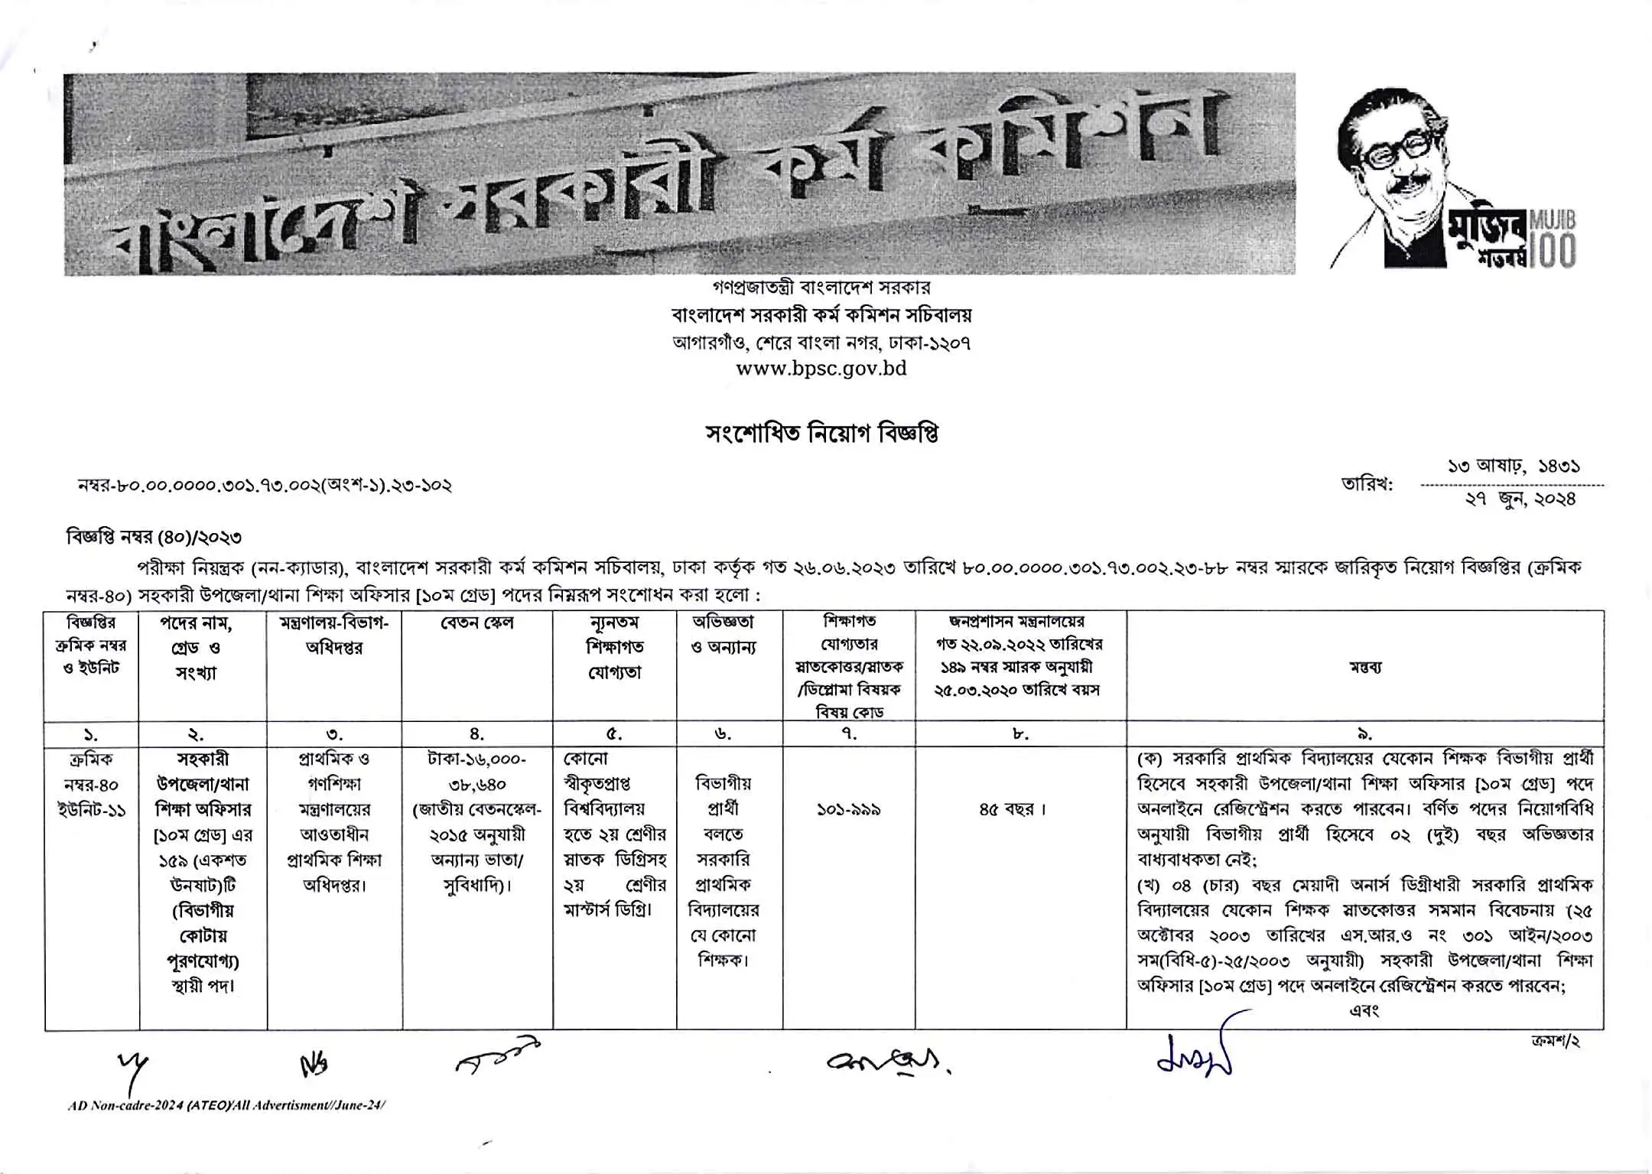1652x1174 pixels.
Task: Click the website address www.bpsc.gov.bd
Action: pyautogui.click(x=821, y=369)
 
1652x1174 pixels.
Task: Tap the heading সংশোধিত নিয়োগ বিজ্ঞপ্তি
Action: pyautogui.click(x=821, y=434)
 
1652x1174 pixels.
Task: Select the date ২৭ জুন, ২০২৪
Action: pyautogui.click(x=1520, y=499)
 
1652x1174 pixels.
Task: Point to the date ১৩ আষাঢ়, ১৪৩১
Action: pyautogui.click(x=1514, y=466)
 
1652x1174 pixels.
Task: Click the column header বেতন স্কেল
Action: pyautogui.click(x=477, y=623)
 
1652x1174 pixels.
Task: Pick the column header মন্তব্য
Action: pyautogui.click(x=1364, y=667)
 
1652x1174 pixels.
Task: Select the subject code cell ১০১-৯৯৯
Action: pyautogui.click(x=849, y=809)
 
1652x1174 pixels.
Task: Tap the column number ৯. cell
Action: pyautogui.click(x=1364, y=734)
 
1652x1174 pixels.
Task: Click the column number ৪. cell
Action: pyautogui.click(x=477, y=734)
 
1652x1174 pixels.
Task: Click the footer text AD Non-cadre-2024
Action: pyautogui.click(x=226, y=1105)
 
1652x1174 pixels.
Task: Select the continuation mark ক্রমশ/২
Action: pyautogui.click(x=1556, y=1042)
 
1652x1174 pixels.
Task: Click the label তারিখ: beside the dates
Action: pyautogui.click(x=1367, y=484)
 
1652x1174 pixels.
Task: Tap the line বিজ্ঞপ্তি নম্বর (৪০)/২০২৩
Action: pyautogui.click(x=154, y=538)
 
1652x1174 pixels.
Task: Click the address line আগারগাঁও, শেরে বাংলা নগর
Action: pyautogui.click(x=821, y=343)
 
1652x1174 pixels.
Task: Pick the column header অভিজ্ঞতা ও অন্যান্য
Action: pyautogui.click(x=723, y=635)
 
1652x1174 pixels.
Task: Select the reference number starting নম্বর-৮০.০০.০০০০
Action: pyautogui.click(x=265, y=486)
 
